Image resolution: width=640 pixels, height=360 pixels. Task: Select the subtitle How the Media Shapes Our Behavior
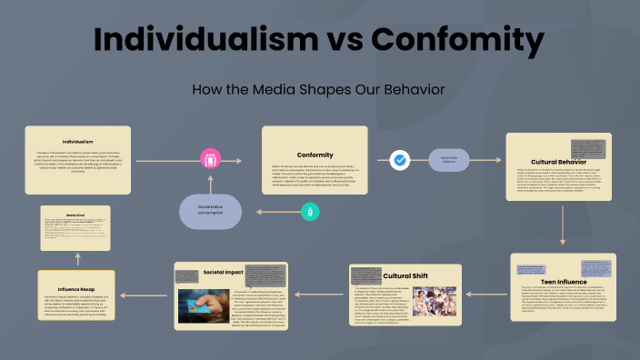319,89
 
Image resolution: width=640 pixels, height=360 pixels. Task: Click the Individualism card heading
77,142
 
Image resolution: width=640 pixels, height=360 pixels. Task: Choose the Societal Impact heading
222,272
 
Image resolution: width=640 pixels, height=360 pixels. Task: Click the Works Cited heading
75,215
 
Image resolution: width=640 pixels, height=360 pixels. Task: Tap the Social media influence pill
450,160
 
